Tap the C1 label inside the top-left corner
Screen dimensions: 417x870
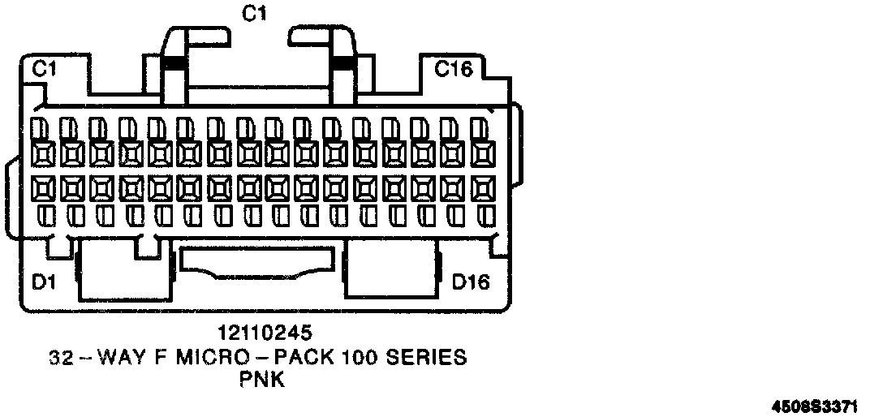click(44, 71)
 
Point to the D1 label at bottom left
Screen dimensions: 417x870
click(45, 282)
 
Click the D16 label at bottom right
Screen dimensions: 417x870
click(471, 282)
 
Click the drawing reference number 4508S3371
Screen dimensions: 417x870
click(821, 403)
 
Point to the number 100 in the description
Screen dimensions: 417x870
click(374, 357)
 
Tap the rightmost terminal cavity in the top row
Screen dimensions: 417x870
click(484, 153)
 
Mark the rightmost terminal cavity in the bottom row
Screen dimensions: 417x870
click(484, 189)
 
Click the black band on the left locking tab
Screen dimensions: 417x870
click(173, 62)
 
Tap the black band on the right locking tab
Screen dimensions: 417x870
click(342, 62)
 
